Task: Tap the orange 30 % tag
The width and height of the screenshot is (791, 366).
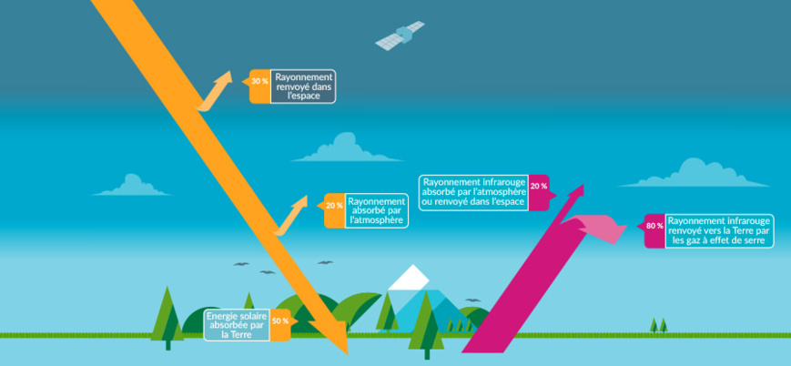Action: click(x=259, y=82)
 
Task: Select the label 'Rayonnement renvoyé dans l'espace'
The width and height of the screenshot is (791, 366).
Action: click(x=304, y=86)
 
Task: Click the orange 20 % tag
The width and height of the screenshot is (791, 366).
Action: click(x=334, y=206)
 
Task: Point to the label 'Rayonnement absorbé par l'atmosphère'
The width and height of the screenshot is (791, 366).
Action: click(x=377, y=210)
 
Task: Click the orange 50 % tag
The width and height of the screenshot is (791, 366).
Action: click(x=280, y=320)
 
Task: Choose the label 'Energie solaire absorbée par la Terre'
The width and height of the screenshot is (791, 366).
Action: click(x=236, y=324)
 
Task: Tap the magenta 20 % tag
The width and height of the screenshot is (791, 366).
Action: click(x=538, y=187)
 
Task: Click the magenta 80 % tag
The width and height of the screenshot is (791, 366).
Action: click(x=654, y=226)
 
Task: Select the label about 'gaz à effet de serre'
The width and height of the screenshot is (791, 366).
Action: click(x=719, y=231)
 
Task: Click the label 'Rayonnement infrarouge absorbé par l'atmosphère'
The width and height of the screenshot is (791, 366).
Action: click(x=474, y=190)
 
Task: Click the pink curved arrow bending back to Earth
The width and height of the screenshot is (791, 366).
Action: click(x=596, y=227)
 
